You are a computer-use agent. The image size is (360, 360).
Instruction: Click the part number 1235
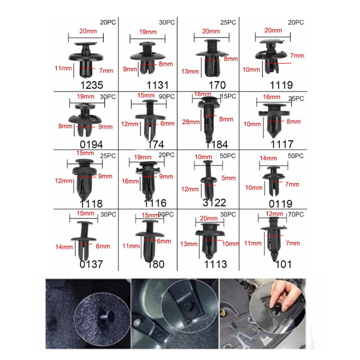point(92,85)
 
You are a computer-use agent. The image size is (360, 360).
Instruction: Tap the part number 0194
point(91,144)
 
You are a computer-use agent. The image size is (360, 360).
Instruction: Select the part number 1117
point(282,144)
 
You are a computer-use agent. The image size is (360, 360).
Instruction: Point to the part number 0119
point(280,204)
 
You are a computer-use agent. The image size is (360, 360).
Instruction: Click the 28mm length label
point(191,122)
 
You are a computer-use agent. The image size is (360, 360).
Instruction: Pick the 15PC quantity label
point(228,96)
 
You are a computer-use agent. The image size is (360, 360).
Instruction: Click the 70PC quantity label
point(296,215)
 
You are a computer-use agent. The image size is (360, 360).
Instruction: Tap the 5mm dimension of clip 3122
point(229,178)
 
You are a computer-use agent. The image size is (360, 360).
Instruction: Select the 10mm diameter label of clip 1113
point(230,243)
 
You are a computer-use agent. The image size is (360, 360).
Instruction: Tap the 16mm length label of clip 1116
point(130,181)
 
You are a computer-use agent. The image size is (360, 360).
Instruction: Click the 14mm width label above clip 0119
point(268,158)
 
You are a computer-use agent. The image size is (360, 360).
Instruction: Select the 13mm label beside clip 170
point(190,72)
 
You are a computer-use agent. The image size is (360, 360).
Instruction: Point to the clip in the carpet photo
point(106,317)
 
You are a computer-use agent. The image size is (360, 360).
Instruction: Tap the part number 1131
point(157,85)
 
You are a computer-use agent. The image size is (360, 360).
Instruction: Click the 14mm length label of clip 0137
point(64,247)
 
